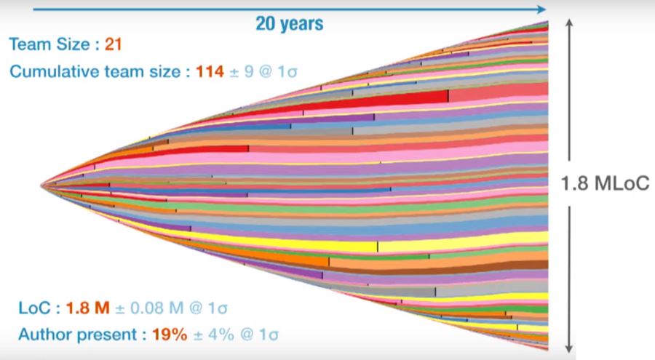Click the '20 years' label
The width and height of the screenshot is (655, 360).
coord(289,23)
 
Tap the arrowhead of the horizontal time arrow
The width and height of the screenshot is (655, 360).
coord(541,9)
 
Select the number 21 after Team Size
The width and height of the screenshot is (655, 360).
coord(114,44)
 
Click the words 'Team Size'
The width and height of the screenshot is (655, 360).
coord(49,44)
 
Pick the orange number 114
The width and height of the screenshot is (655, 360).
coord(210,71)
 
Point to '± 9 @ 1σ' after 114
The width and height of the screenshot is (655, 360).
coord(263,71)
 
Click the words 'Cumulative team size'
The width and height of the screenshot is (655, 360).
coord(95,71)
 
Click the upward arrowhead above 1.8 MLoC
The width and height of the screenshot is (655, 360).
coord(569,23)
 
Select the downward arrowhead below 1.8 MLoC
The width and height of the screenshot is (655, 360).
coord(569,348)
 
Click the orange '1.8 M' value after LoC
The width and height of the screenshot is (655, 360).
coord(88,308)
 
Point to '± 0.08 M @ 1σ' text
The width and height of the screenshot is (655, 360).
coord(171,308)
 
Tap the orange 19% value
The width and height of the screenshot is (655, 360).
coord(170,335)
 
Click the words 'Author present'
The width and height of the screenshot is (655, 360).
coord(78,335)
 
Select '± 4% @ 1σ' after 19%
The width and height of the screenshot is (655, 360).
coord(236,335)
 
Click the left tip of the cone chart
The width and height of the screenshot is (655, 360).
coord(41,185)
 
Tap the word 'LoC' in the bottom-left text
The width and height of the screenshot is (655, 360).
coord(36,308)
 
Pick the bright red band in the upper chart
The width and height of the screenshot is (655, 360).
coord(376,100)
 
